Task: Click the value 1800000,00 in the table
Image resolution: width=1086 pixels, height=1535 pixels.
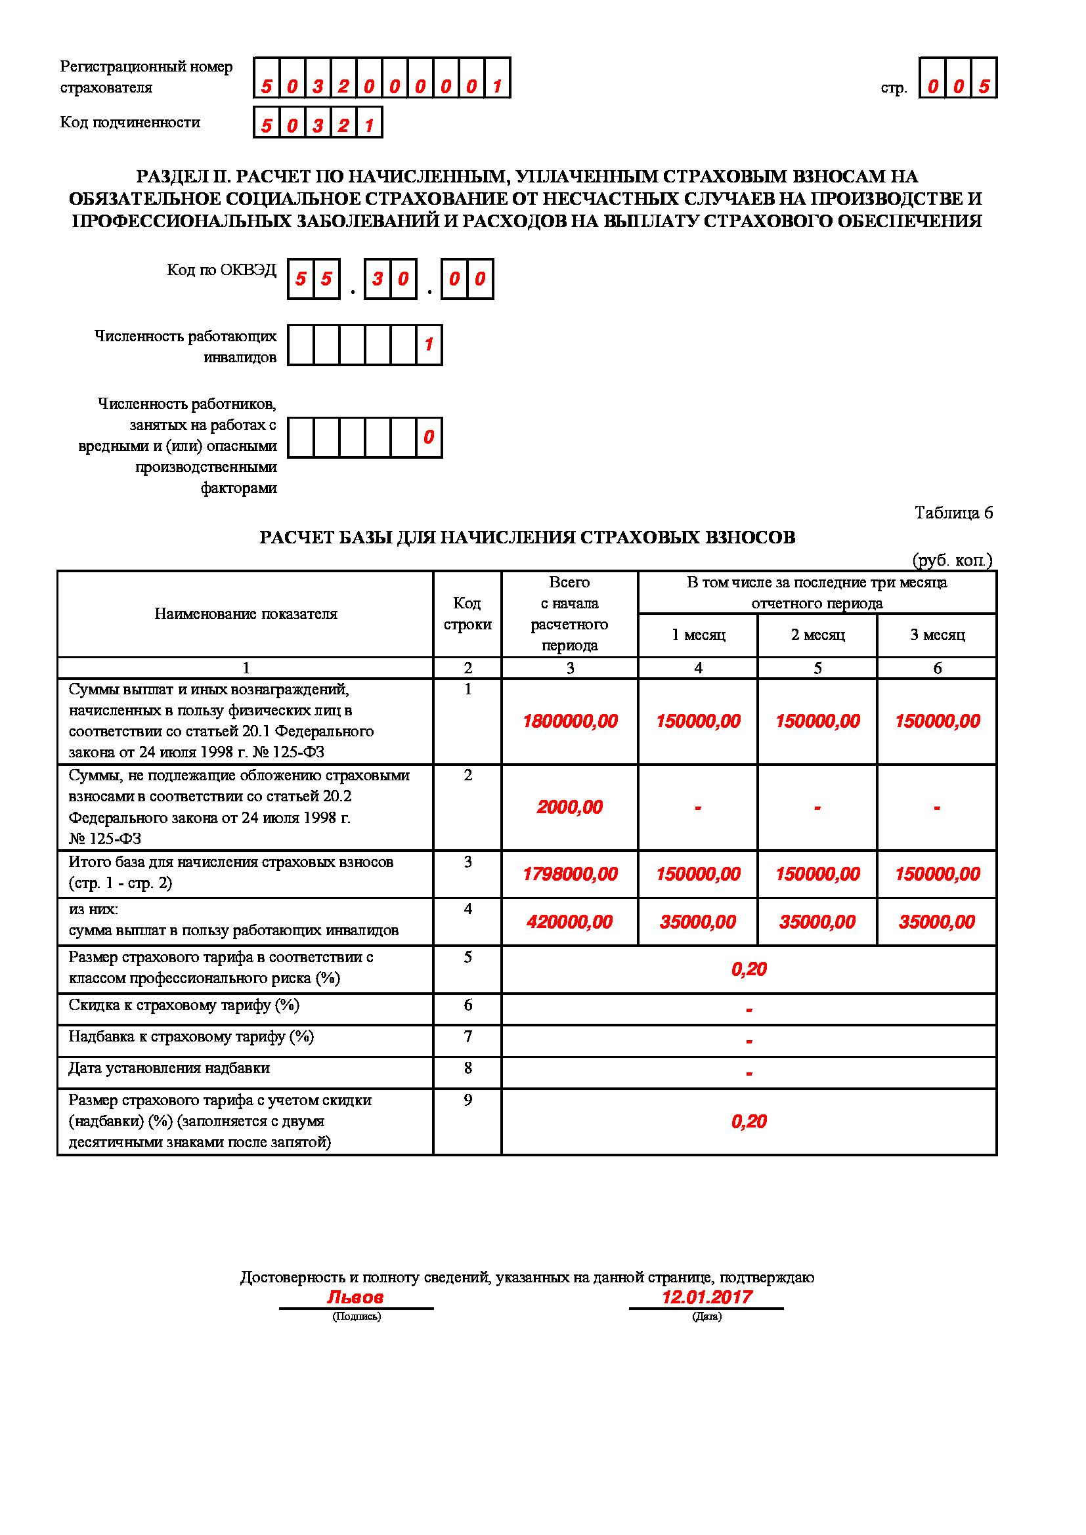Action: click(x=570, y=721)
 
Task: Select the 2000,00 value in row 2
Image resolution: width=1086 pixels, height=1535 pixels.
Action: click(x=570, y=808)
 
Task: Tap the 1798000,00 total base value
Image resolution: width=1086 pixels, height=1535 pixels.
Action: click(x=570, y=874)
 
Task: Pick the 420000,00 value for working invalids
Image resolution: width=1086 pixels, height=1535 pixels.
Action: click(x=570, y=923)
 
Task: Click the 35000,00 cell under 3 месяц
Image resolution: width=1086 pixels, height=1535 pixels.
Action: click(x=937, y=923)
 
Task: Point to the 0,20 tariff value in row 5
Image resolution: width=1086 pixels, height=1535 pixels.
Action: click(x=749, y=969)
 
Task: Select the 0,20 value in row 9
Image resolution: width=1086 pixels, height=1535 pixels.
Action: click(x=749, y=1122)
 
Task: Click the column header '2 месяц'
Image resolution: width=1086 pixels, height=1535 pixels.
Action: click(x=817, y=635)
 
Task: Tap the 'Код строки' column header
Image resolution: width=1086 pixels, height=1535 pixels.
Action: click(x=467, y=614)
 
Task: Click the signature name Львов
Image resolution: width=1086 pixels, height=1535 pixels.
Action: click(x=355, y=1297)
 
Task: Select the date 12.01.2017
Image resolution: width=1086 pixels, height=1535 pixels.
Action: click(x=707, y=1297)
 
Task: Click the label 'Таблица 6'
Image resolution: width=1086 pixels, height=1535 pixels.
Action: click(x=953, y=513)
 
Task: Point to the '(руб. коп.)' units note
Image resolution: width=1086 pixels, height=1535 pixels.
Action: click(x=952, y=560)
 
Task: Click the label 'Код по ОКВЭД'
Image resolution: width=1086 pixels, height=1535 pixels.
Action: click(x=221, y=270)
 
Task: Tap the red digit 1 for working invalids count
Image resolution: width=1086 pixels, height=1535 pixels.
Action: click(x=429, y=345)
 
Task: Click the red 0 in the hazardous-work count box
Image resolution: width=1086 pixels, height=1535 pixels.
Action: click(x=429, y=437)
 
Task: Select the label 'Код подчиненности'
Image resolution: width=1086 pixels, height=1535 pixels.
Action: click(x=131, y=122)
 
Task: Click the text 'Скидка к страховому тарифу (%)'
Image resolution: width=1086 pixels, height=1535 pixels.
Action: click(x=184, y=1005)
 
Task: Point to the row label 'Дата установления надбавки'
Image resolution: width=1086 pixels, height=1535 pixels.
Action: click(x=169, y=1068)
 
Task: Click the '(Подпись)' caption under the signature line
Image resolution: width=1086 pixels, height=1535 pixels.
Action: click(x=357, y=1316)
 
